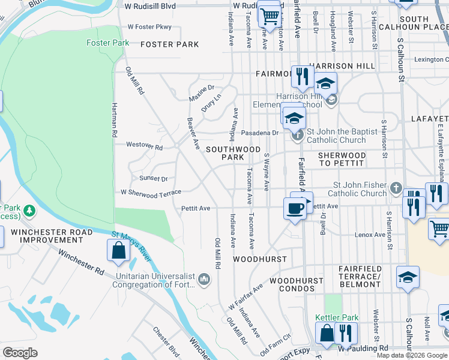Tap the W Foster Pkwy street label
[x=149, y=27]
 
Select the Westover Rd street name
[x=144, y=146]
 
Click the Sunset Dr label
[x=154, y=178]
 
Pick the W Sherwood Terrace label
[x=151, y=194]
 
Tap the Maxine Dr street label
[x=202, y=92]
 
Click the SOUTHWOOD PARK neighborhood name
[x=234, y=153]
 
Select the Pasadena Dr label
[x=259, y=133]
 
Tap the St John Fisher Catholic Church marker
[x=395, y=188]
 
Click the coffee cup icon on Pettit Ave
[x=294, y=208]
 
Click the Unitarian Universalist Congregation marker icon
[x=204, y=278]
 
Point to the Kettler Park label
[x=337, y=317]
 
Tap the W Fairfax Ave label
[x=246, y=297]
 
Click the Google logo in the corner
[x=20, y=352]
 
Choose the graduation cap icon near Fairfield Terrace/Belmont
[x=407, y=277]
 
